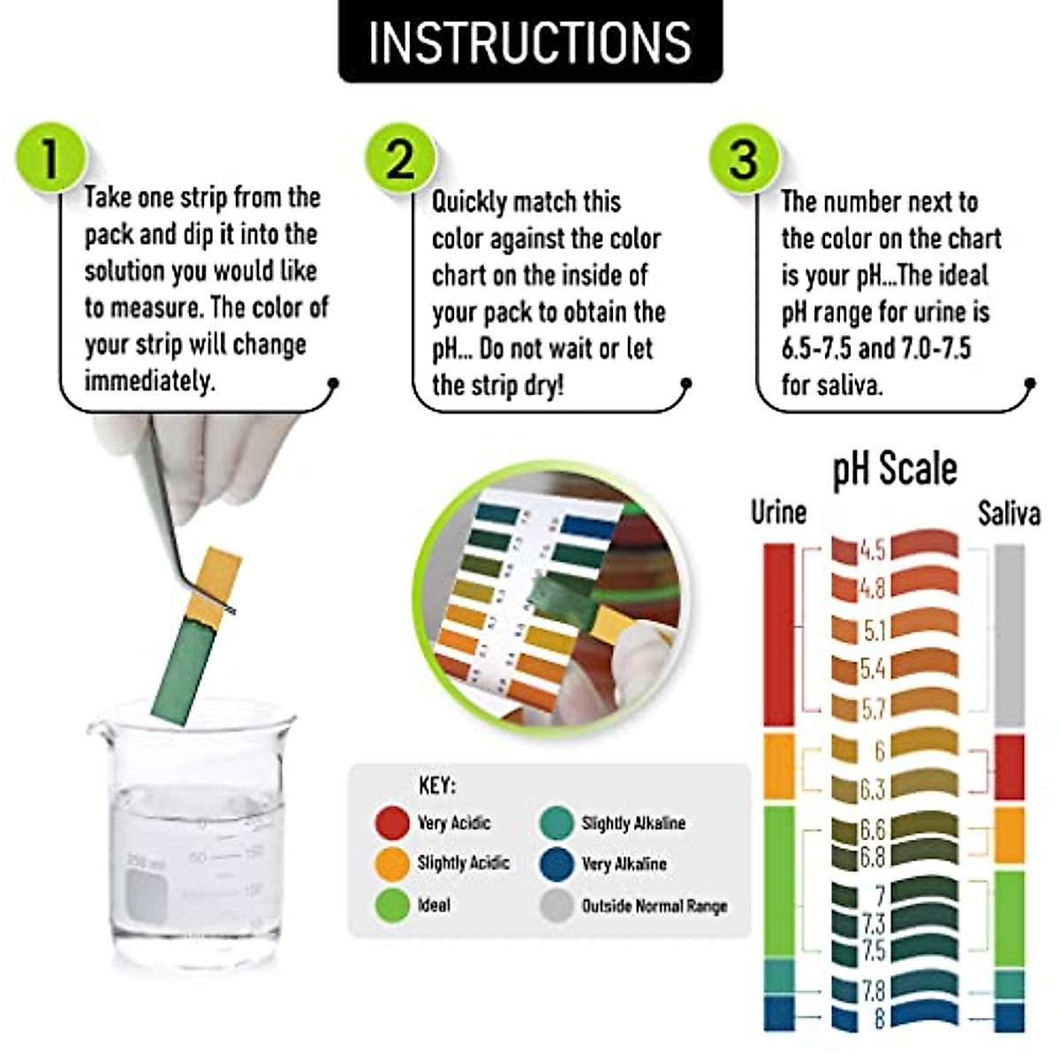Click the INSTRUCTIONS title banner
tap(530, 42)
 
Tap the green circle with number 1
tap(49, 159)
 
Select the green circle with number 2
tap(400, 159)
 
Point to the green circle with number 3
tap(744, 159)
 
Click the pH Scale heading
tap(894, 468)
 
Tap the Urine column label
tap(778, 512)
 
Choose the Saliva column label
tap(1008, 513)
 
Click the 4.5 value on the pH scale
tap(872, 550)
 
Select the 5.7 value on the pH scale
tap(873, 708)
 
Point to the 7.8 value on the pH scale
tap(873, 989)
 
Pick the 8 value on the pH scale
tap(878, 1018)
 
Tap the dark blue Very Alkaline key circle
tap(556, 864)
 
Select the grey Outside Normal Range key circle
tap(556, 906)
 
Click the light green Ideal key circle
tap(391, 906)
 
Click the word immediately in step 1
tap(149, 382)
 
